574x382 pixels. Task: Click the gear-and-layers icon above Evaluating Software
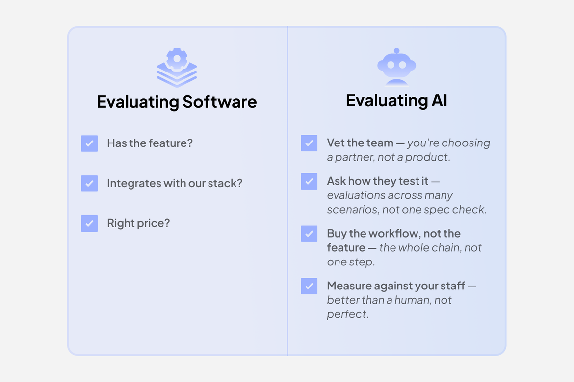click(x=177, y=68)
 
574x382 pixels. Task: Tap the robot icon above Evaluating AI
click(x=396, y=67)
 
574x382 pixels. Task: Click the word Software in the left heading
click(x=220, y=102)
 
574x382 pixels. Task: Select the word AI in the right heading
click(x=439, y=100)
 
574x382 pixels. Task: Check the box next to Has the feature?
click(x=89, y=143)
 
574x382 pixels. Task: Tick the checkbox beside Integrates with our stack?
click(x=89, y=184)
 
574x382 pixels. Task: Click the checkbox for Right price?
click(x=89, y=223)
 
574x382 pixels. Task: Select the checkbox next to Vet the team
click(x=309, y=143)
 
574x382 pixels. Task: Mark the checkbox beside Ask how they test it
click(x=309, y=181)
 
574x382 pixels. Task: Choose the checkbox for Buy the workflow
click(x=309, y=234)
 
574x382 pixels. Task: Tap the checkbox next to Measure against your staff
click(x=309, y=286)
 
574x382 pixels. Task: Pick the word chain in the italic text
click(x=449, y=247)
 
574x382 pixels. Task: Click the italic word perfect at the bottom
click(x=346, y=314)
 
